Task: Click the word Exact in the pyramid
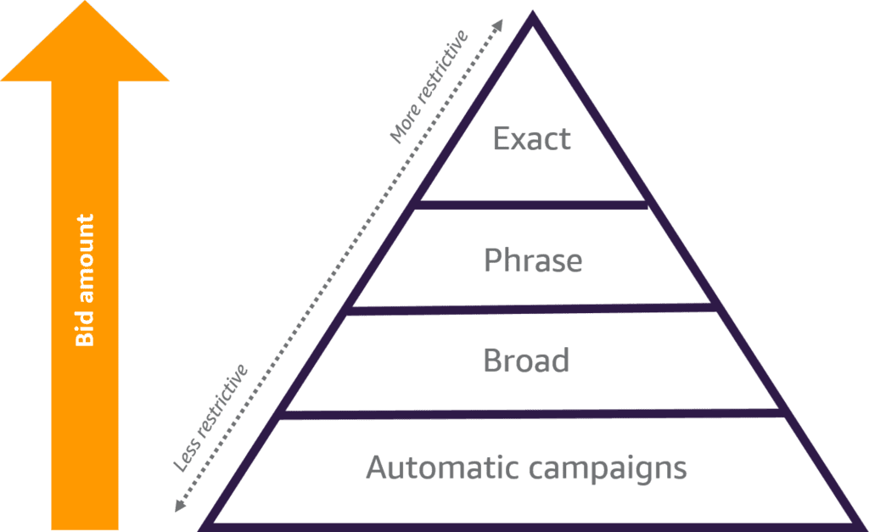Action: pos(532,138)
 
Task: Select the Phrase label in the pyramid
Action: pos(533,260)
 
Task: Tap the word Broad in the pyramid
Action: pos(526,360)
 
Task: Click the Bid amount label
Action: pos(84,280)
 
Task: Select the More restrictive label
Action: pos(429,86)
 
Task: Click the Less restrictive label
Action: pos(210,417)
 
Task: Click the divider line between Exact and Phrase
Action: pos(532,204)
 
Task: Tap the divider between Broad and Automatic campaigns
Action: pos(532,413)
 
